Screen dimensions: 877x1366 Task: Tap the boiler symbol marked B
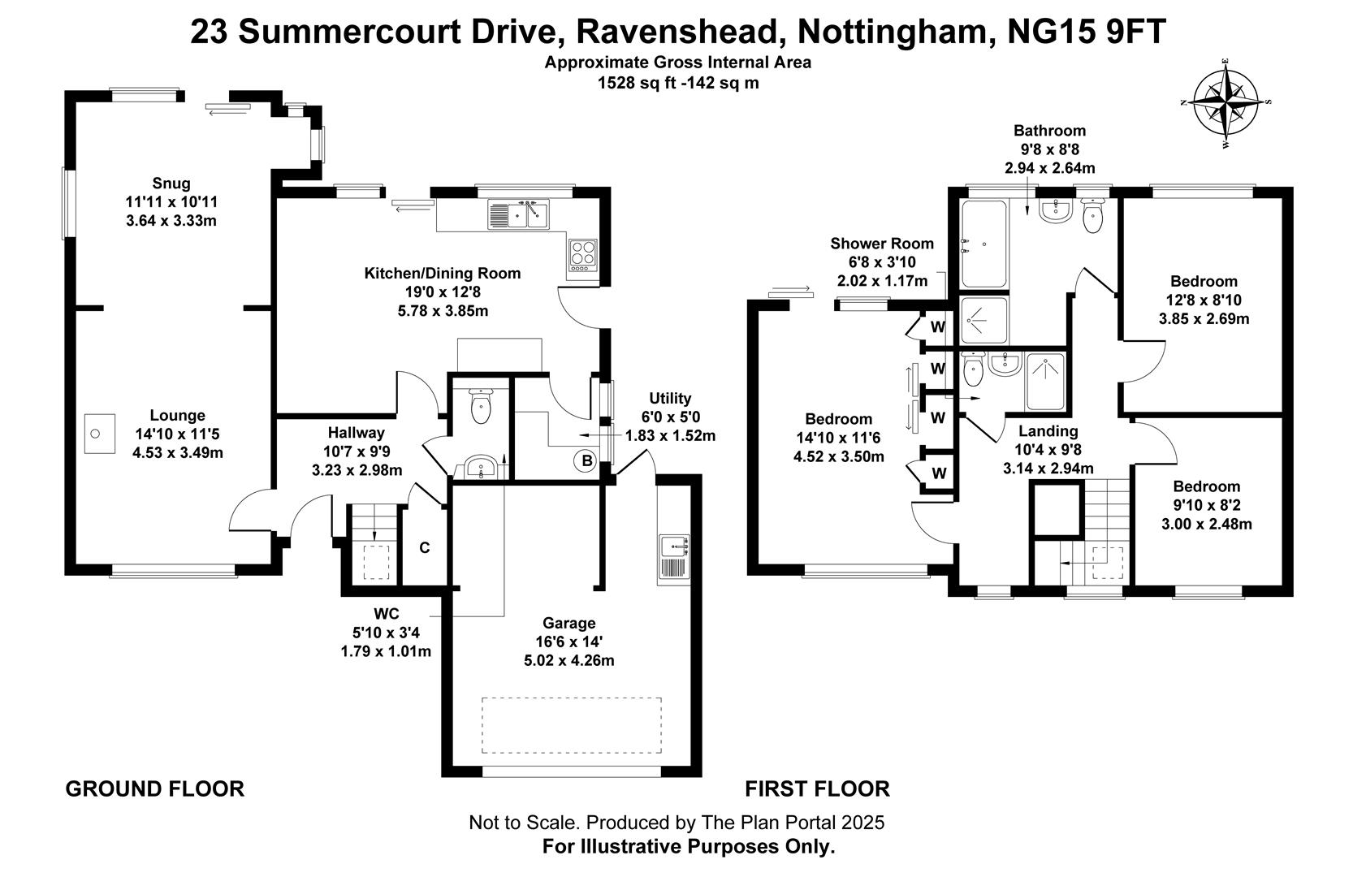(x=584, y=461)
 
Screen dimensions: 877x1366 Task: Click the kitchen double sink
(x=518, y=214)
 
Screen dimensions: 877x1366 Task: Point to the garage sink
(x=674, y=556)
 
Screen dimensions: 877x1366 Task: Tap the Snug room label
(x=171, y=183)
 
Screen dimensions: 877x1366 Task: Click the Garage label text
(x=568, y=623)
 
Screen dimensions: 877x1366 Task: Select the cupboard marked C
(x=424, y=548)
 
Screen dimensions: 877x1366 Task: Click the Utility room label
(x=670, y=398)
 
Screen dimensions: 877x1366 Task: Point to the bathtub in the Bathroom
(x=983, y=244)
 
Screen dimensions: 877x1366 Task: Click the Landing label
(x=1048, y=431)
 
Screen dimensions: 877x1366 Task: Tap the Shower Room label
(x=882, y=244)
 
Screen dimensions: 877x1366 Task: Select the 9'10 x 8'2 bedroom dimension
(x=1206, y=505)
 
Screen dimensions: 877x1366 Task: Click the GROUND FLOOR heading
(x=154, y=788)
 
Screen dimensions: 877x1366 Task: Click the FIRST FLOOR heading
(x=817, y=788)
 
